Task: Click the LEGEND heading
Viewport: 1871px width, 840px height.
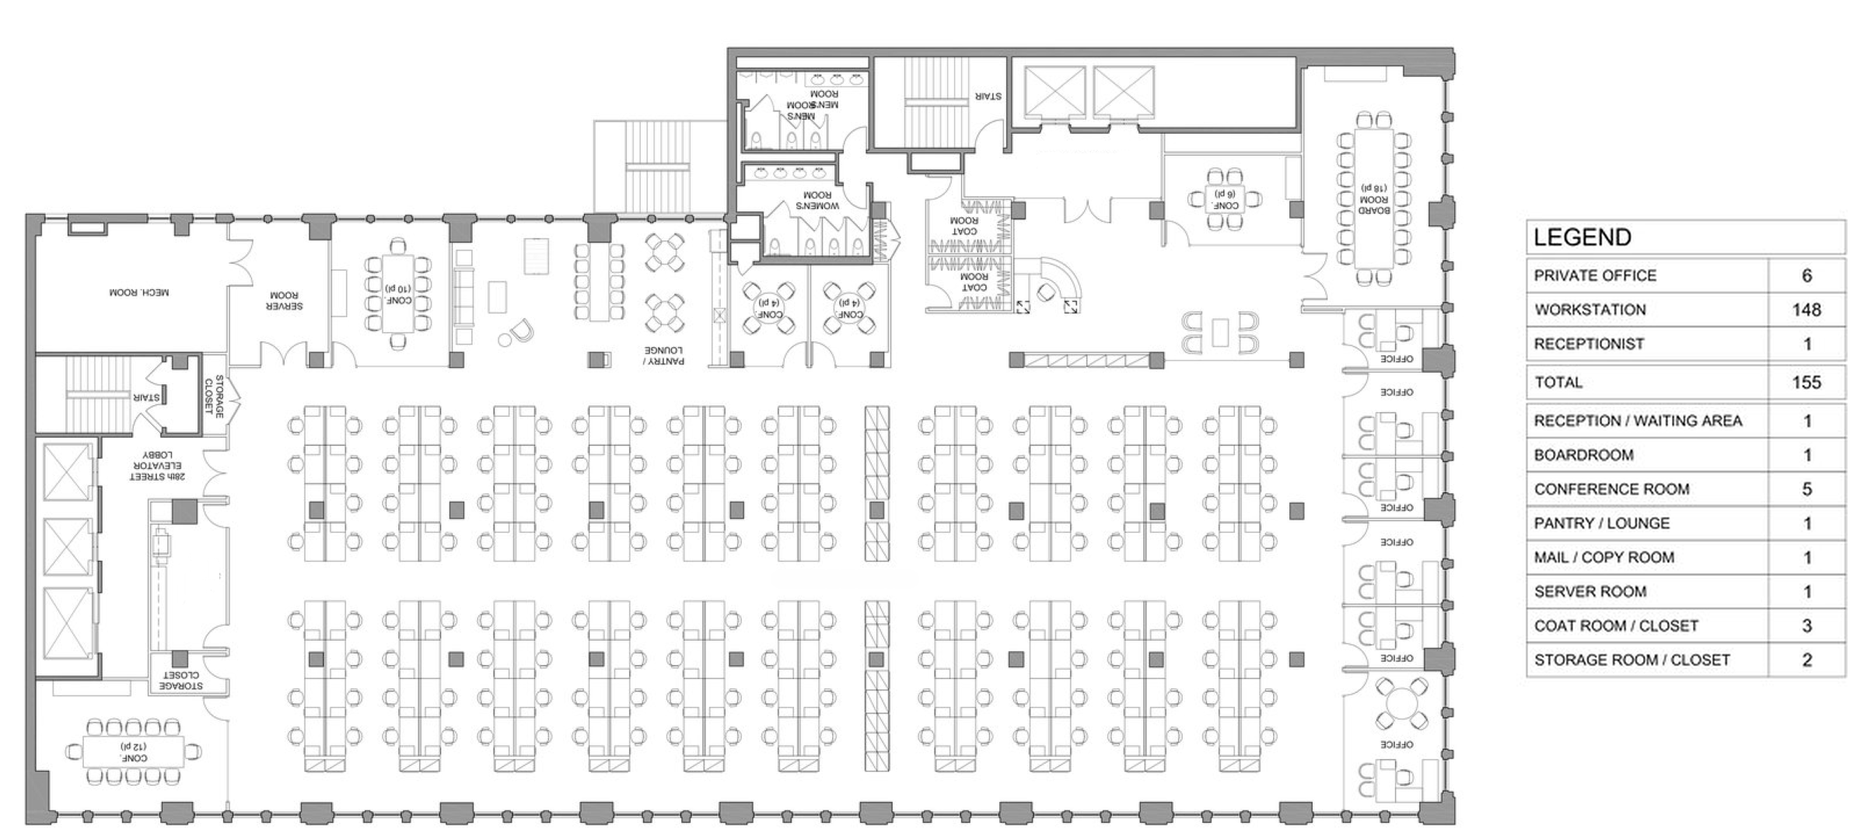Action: pos(1582,237)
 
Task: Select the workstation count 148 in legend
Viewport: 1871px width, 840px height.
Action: pos(1806,310)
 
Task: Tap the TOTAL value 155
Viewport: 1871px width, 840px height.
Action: pos(1806,382)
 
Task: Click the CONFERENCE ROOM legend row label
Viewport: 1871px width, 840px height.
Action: pos(1611,489)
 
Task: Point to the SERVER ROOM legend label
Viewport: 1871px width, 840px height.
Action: pos(1589,592)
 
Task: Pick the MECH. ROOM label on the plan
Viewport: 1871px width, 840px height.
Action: pos(138,292)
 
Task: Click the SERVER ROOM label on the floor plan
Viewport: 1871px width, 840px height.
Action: pos(284,300)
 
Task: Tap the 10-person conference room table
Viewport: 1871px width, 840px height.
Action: pos(397,294)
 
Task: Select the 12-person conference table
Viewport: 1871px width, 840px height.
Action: pos(134,751)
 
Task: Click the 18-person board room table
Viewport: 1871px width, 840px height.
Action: pos(1374,198)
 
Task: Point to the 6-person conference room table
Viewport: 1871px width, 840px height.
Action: pos(1226,199)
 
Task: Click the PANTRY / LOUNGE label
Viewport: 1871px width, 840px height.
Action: pos(663,355)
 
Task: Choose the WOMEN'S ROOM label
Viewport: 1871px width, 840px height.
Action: pos(817,201)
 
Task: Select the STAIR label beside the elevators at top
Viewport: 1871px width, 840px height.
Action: pos(988,96)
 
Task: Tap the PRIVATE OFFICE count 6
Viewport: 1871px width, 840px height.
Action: pos(1806,275)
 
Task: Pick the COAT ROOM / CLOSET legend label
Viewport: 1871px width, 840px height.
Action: pos(1615,626)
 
